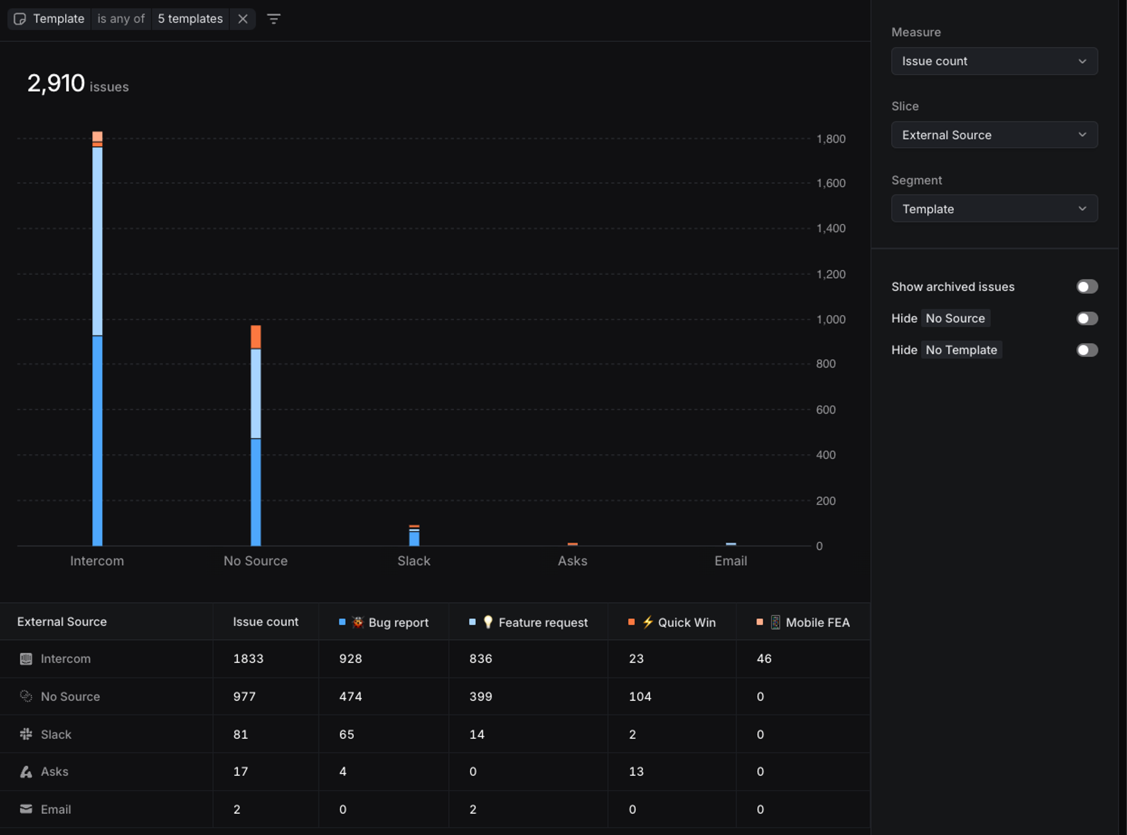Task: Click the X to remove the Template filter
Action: tap(243, 19)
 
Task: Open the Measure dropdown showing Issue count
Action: tap(994, 61)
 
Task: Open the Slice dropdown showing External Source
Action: tap(994, 135)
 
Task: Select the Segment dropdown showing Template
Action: tap(994, 209)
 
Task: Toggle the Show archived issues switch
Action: tap(1087, 287)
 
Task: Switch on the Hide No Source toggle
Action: tap(1087, 319)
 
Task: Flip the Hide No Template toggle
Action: tap(1087, 350)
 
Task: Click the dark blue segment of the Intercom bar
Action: tap(97, 440)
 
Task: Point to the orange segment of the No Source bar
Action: tap(256, 337)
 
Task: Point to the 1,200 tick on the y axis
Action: tap(831, 274)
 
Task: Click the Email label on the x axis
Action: tap(731, 561)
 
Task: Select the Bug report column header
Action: tap(398, 622)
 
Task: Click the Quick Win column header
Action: tap(686, 622)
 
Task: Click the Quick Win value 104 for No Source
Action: tap(640, 697)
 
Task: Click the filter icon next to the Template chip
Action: tap(274, 19)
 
